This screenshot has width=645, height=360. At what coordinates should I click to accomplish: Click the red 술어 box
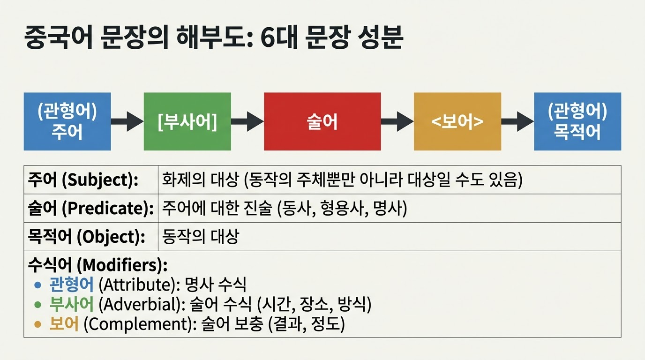(x=322, y=121)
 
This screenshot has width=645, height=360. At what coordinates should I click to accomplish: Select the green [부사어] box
(x=187, y=121)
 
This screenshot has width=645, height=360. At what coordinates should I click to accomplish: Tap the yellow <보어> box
(x=457, y=121)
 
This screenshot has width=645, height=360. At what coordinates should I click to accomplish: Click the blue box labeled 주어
(x=67, y=121)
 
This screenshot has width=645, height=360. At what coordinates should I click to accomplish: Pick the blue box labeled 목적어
(x=577, y=121)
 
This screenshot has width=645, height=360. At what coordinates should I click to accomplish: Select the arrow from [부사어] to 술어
(x=247, y=121)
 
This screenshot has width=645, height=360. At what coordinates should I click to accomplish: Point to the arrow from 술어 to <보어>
(x=397, y=121)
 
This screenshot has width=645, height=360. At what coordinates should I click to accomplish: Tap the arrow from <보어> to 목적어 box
(x=517, y=121)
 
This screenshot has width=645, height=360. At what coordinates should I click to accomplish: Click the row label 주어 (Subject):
(x=83, y=180)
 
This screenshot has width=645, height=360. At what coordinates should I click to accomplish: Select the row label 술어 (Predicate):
(x=91, y=209)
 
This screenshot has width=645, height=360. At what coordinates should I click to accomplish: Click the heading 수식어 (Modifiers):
(x=97, y=265)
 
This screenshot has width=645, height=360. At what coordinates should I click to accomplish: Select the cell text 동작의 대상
(x=200, y=237)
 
